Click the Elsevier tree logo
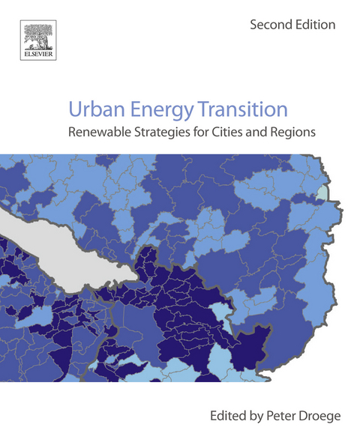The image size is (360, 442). click(36, 37)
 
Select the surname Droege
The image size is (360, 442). click(316, 414)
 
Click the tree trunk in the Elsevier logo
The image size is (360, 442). click(36, 41)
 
